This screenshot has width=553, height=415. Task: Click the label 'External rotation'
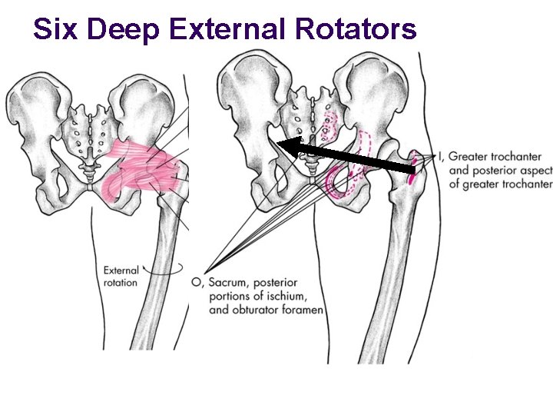pos(121,276)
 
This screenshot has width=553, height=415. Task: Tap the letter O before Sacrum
pos(197,283)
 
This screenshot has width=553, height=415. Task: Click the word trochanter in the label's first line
pos(520,157)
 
